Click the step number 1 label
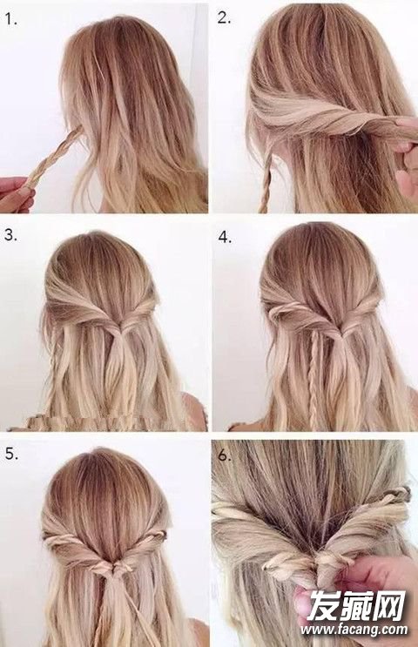11,19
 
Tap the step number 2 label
224,18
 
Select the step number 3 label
11,235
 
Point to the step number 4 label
225,237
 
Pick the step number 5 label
12,454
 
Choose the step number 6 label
225,455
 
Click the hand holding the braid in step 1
17,194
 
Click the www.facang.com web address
354,630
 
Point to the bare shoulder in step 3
193,410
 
